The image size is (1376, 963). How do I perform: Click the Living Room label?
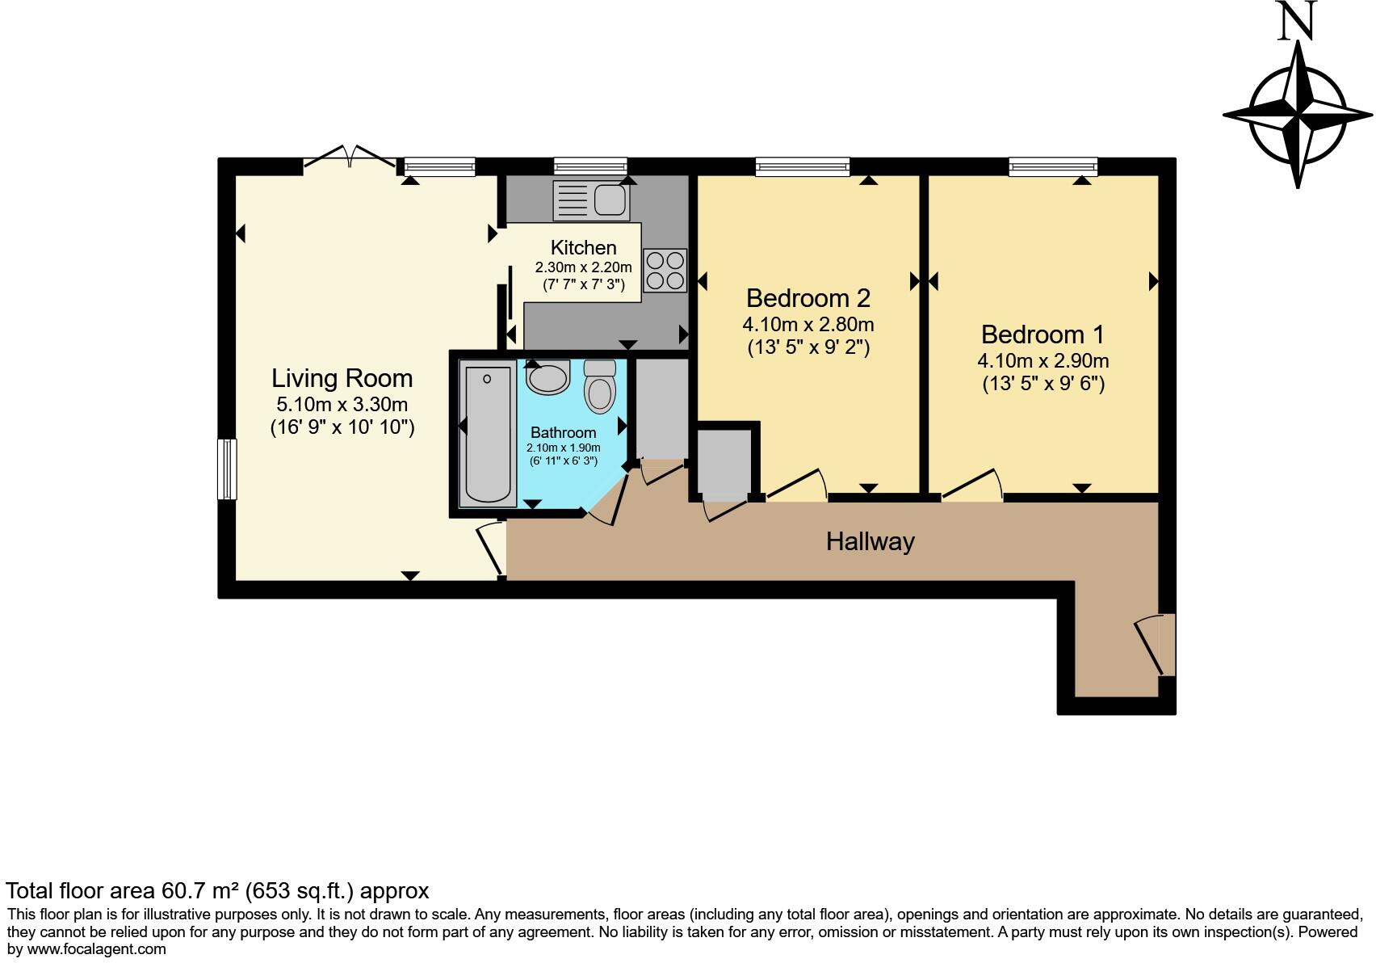coord(342,378)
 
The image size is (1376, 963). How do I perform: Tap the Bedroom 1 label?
coord(1042,334)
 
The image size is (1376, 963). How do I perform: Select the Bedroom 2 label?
coord(808,298)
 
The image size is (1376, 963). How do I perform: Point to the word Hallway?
coord(870,541)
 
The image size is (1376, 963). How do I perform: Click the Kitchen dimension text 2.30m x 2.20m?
coord(583,267)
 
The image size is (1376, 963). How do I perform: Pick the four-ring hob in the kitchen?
coord(665,271)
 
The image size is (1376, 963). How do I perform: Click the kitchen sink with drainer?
coord(591,200)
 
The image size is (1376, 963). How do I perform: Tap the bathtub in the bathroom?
coord(488,434)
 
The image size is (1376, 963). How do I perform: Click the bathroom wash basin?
coord(548,376)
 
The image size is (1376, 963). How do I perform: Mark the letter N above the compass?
coord(1297,22)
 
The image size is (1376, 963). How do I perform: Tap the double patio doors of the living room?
coord(350,158)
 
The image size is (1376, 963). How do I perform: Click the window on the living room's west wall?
coord(228,469)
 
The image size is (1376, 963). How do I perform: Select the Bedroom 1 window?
coord(1053,166)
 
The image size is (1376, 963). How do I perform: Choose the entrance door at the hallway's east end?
coord(1156,645)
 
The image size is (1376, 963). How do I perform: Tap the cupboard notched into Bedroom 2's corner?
coord(724,465)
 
